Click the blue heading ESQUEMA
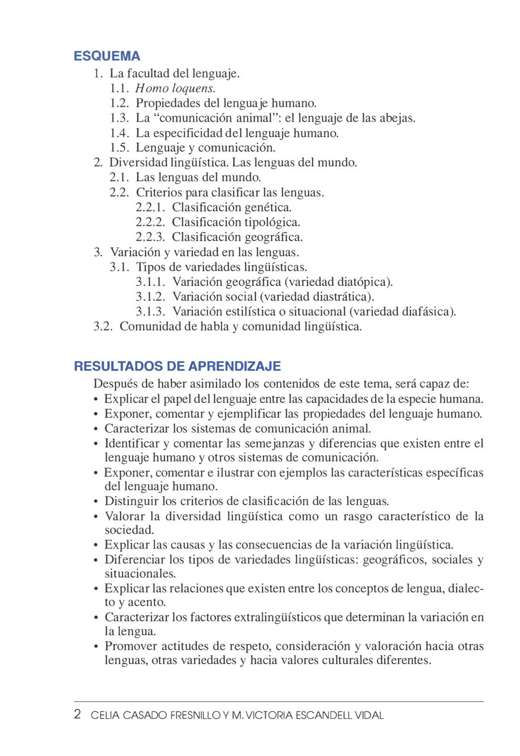107,56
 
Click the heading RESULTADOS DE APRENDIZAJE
177,366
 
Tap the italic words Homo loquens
175,89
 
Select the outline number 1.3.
119,118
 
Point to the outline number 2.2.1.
150,208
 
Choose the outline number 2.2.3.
150,238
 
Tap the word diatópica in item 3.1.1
364,282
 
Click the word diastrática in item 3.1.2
343,297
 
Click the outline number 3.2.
103,327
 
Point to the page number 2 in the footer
78,715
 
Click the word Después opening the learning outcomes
112,384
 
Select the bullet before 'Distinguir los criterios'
96,502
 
